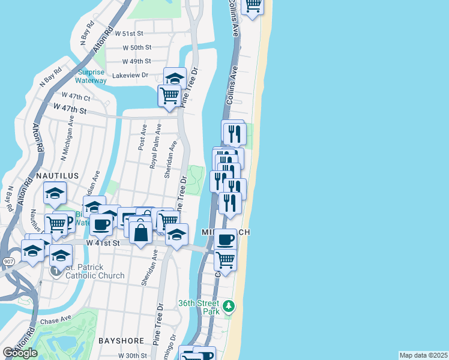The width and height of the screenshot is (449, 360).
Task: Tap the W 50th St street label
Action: coord(137,47)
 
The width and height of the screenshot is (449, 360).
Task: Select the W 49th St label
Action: coord(137,61)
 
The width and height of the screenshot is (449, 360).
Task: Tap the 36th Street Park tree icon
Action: coord(228,307)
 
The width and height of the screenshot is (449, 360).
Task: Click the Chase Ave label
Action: coord(56,321)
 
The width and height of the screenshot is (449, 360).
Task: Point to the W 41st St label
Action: coord(103,243)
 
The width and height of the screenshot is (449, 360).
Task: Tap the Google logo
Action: coord(20,353)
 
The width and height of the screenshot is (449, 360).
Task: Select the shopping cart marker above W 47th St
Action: coord(169,95)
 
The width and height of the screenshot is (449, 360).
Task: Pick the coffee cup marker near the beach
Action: coord(225,240)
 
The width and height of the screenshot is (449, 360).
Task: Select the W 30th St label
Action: coord(133,356)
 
